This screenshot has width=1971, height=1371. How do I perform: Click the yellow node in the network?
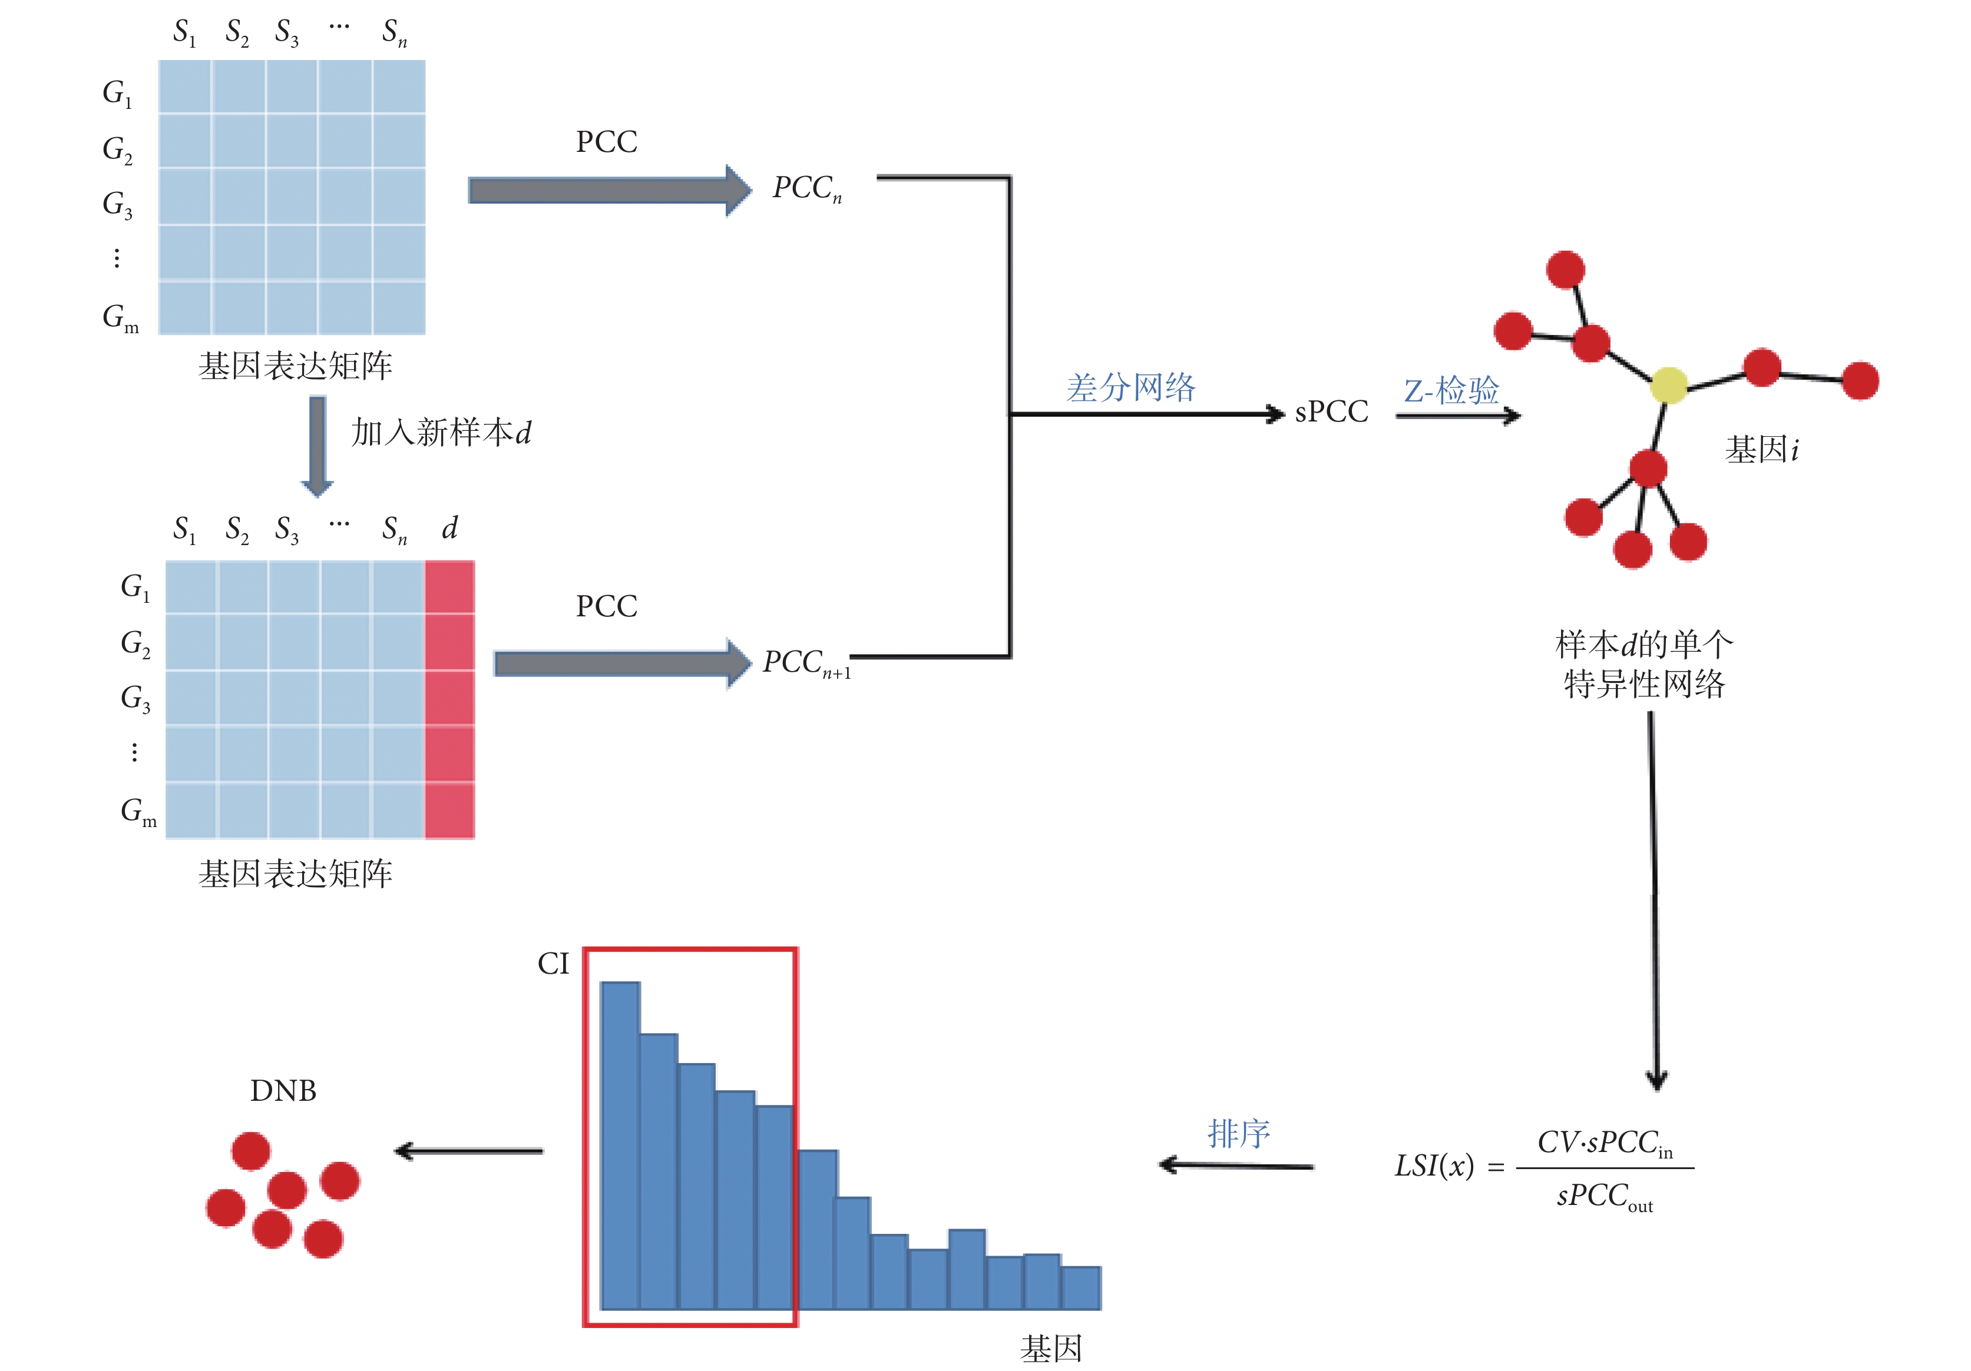pyautogui.click(x=1668, y=385)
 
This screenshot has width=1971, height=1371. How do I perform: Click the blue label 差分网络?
pyautogui.click(x=1130, y=388)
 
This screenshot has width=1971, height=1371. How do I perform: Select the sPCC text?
pyautogui.click(x=1331, y=412)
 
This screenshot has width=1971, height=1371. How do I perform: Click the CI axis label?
pyautogui.click(x=553, y=964)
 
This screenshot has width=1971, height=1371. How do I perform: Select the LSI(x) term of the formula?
pyautogui.click(x=1434, y=1166)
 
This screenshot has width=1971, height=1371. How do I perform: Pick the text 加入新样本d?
pyautogui.click(x=441, y=433)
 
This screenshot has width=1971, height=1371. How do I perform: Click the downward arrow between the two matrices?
pyautogui.click(x=317, y=445)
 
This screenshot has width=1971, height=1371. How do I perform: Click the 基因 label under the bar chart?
pyautogui.click(x=1051, y=1349)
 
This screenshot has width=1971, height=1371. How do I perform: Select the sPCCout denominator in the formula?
pyautogui.click(x=1603, y=1196)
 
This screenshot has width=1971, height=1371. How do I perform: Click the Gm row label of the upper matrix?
pyautogui.click(x=120, y=317)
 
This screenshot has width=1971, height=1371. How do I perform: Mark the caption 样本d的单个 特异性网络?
pyautogui.click(x=1643, y=664)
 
